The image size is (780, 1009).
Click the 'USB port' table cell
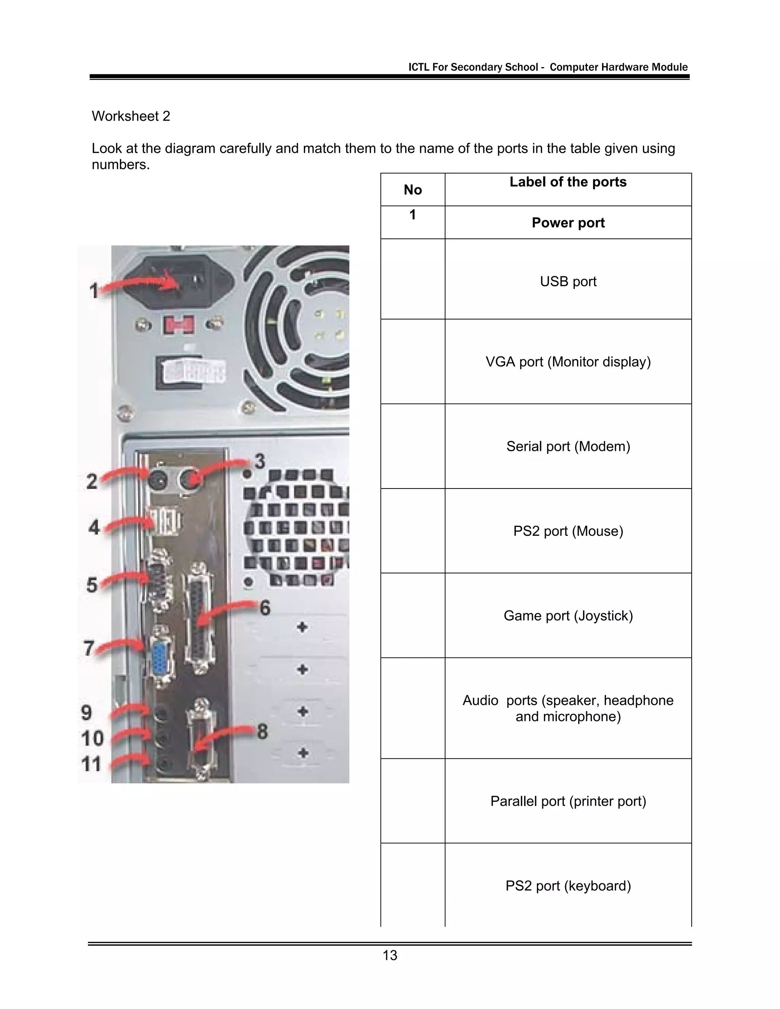point(568,281)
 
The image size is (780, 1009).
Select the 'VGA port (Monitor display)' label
point(568,362)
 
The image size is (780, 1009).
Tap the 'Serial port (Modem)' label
point(568,446)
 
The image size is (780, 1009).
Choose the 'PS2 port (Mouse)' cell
point(568,531)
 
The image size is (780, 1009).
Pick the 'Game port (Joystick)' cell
point(568,616)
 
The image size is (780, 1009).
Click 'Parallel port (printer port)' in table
point(568,801)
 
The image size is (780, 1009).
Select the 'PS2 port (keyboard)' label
point(568,886)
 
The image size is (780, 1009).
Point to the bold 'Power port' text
point(568,223)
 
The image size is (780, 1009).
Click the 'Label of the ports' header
point(568,182)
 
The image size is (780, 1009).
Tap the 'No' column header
point(412,190)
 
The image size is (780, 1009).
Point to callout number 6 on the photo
point(265,608)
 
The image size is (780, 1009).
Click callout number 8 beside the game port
point(262,732)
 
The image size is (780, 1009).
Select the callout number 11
point(91,764)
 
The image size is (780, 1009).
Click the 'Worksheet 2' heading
point(131,116)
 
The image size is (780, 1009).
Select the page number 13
point(390,955)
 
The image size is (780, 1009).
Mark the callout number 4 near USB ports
point(94,527)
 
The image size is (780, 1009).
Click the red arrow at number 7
point(120,645)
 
